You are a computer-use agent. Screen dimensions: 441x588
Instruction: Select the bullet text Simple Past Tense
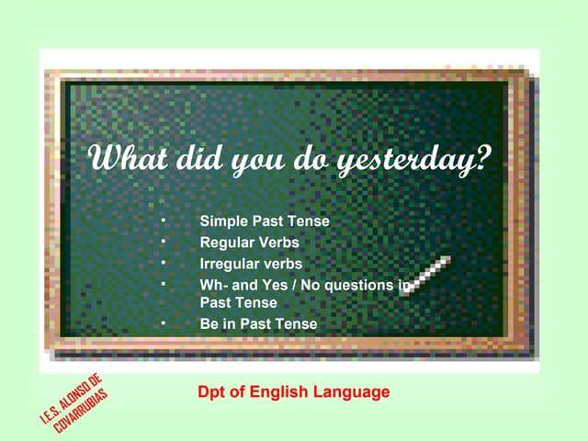click(x=265, y=221)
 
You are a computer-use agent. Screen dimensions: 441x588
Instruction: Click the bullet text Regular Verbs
click(x=249, y=243)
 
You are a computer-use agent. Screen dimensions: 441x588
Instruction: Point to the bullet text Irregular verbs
click(x=251, y=264)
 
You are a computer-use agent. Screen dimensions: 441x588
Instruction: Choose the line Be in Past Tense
click(x=258, y=323)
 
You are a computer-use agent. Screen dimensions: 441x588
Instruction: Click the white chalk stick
click(x=427, y=276)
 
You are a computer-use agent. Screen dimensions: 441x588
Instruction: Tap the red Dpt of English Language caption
click(x=294, y=392)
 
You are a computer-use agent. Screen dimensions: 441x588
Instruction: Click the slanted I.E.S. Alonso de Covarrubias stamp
click(x=73, y=404)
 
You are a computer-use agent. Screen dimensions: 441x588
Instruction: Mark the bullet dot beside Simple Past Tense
click(x=162, y=221)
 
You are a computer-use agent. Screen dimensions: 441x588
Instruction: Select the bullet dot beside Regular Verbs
click(x=162, y=243)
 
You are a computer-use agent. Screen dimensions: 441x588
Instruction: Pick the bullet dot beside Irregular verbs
click(x=162, y=264)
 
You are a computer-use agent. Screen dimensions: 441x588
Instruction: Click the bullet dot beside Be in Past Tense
click(x=162, y=323)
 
